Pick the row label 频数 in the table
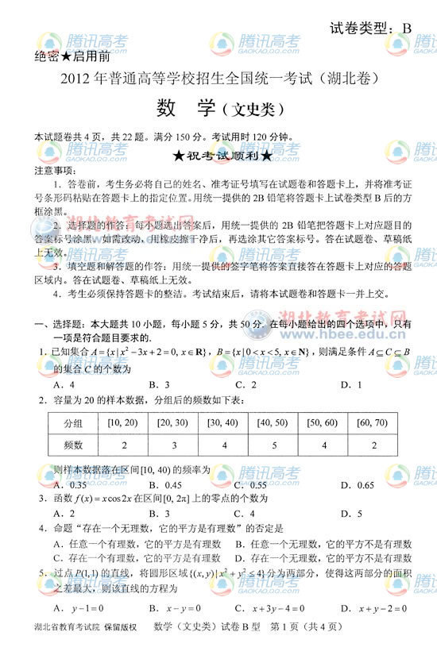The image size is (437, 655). [74, 446]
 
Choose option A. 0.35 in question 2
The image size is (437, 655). [68, 484]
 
